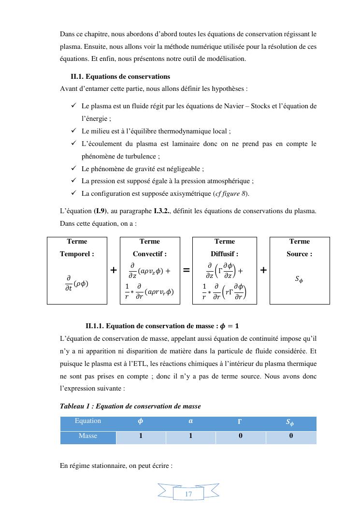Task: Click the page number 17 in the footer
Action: (188, 494)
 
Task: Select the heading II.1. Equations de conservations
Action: (120, 76)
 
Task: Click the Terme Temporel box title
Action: (77, 247)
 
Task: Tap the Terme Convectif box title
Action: (150, 247)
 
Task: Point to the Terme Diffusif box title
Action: (225, 247)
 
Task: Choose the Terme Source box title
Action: (300, 247)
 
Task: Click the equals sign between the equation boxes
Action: (186, 271)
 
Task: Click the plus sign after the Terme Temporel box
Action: (114, 271)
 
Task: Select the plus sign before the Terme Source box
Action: (263, 271)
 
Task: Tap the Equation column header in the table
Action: (88, 421)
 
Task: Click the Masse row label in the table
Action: (88, 436)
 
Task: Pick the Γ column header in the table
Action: (240, 422)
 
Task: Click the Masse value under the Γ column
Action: (240, 436)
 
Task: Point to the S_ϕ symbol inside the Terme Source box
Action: (300, 279)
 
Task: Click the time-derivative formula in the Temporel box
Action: (77, 283)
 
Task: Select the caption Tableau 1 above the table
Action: (130, 406)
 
